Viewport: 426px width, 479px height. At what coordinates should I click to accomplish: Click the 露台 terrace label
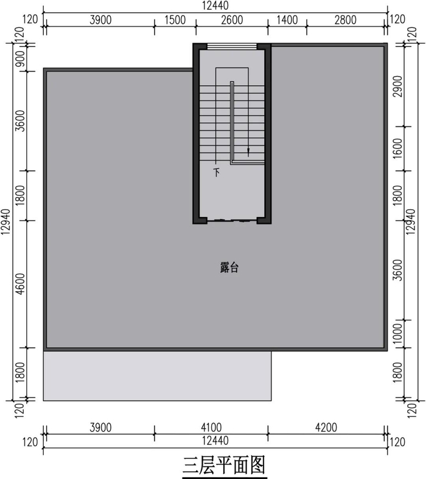click(229, 267)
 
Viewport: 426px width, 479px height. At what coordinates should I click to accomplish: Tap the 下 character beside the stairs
click(217, 172)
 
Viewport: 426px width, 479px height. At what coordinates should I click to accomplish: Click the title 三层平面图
click(224, 465)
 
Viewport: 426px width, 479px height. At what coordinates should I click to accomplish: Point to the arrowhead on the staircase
click(248, 151)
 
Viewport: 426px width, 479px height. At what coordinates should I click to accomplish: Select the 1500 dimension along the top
click(175, 20)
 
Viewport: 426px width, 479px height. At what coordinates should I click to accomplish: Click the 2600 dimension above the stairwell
click(232, 20)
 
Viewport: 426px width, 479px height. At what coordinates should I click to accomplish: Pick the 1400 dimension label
click(287, 20)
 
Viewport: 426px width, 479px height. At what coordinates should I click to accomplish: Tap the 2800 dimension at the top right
click(345, 20)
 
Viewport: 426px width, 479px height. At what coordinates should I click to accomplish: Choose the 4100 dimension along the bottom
click(211, 427)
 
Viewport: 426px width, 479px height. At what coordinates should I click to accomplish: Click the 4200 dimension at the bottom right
click(326, 427)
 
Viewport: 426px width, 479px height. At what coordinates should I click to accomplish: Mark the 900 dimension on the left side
click(20, 58)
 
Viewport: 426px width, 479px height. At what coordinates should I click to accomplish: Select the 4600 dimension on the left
click(20, 284)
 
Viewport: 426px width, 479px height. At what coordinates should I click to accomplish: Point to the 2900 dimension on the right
click(398, 86)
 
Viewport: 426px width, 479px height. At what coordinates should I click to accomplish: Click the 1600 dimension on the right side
click(398, 148)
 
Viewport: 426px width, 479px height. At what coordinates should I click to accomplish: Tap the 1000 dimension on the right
click(398, 334)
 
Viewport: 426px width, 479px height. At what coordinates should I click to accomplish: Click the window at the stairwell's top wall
click(232, 46)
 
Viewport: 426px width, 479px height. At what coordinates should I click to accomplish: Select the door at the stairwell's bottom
click(232, 220)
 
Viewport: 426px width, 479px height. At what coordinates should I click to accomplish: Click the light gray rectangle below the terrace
click(157, 376)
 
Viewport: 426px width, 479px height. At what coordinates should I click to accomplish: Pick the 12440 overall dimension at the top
click(215, 5)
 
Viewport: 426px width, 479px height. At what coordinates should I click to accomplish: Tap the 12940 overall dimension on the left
click(5, 222)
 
